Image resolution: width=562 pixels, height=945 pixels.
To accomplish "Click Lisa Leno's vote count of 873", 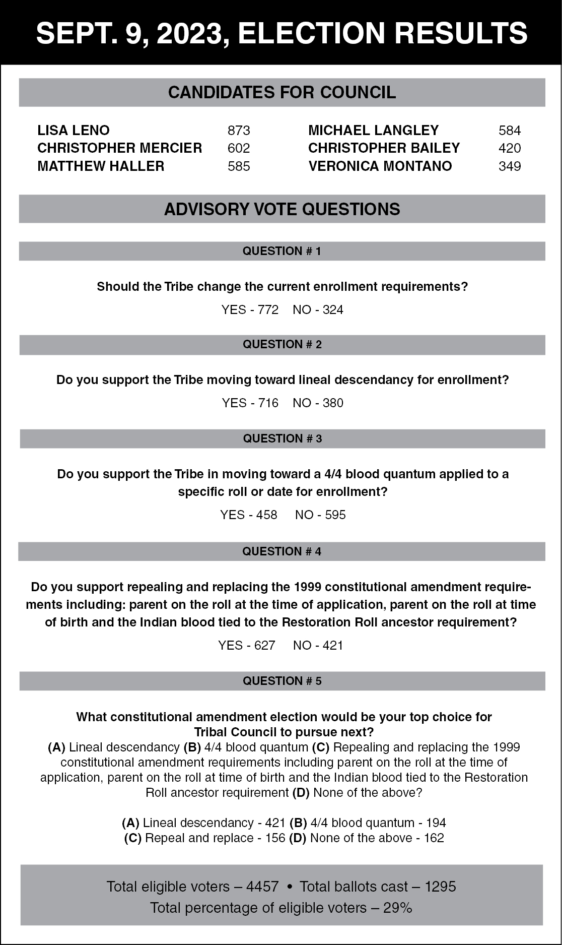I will pos(239,131).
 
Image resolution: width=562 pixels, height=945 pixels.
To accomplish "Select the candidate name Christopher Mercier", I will pos(119,148).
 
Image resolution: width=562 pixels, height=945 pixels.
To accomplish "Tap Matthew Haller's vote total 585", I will pos(239,166).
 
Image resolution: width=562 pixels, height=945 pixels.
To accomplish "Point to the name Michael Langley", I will pos(373,131).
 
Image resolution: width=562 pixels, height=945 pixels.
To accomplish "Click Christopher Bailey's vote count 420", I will pos(510,148).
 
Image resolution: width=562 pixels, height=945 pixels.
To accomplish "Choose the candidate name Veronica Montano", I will pos(380,166).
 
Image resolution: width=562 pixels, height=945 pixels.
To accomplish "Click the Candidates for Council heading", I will pos(282,93).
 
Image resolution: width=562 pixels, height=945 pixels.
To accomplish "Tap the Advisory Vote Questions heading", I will pos(282,209).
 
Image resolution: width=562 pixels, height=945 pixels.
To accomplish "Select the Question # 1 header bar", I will pos(282,251).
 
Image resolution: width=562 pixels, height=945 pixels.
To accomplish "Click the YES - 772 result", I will pos(250,310).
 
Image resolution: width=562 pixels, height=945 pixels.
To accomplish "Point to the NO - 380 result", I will pos(318,403).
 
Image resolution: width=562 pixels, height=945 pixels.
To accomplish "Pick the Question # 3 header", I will pos(282,438).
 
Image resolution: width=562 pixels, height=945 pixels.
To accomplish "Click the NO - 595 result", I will pos(320,515).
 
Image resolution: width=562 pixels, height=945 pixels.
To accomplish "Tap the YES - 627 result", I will pos(247,646).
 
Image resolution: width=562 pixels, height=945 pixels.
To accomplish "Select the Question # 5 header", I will pos(282,681).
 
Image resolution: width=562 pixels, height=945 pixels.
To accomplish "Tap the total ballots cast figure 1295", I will pos(441,887).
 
